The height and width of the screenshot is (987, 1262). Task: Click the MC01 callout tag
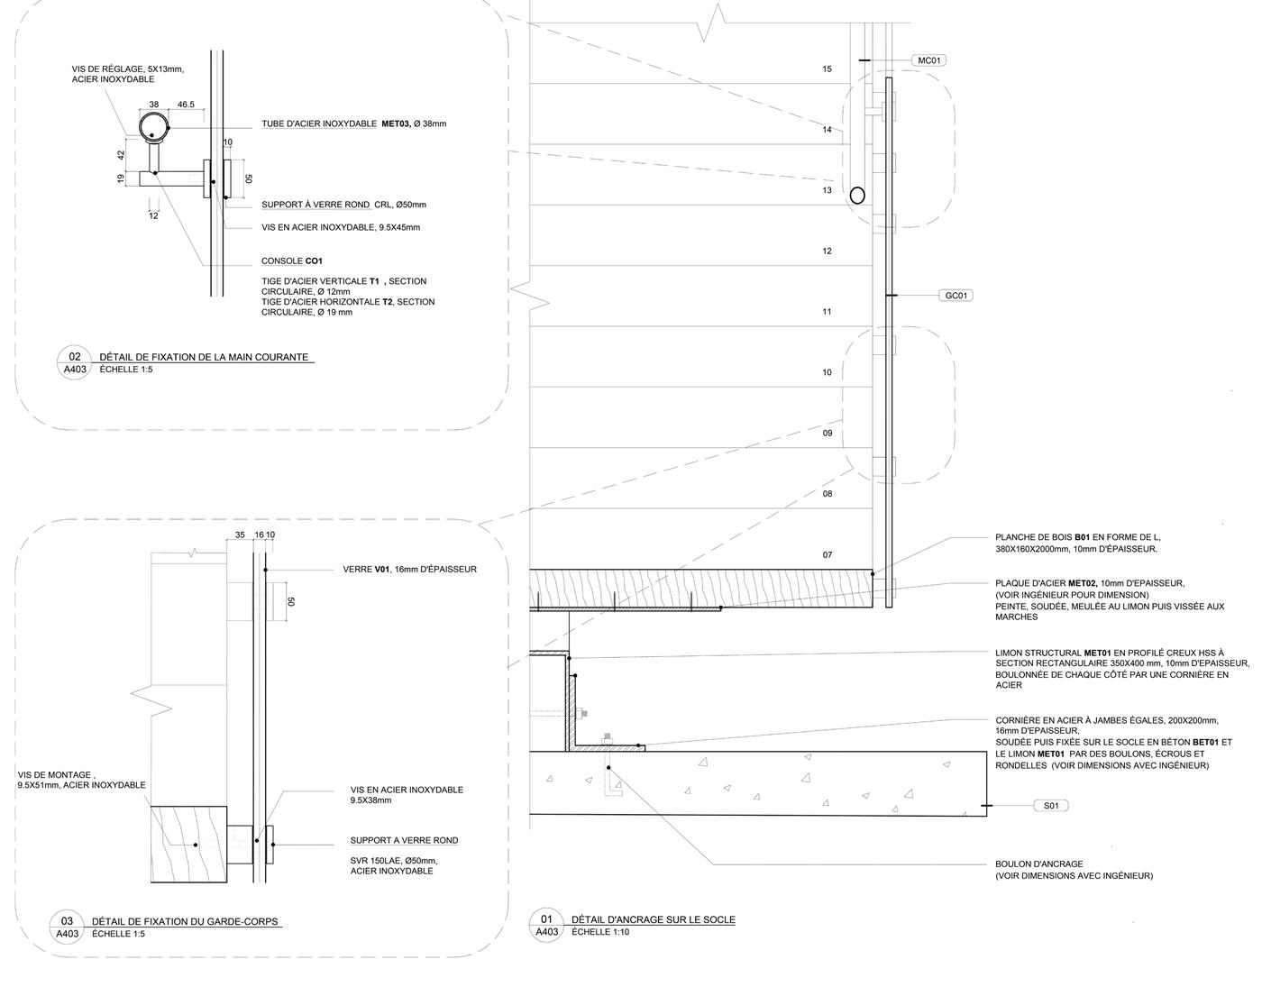[x=928, y=60]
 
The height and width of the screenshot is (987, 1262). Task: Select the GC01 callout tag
[x=956, y=296]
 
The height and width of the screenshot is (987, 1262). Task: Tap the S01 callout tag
[x=1050, y=806]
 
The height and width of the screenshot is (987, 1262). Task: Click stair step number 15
[x=827, y=69]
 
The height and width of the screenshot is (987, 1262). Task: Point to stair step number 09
[x=827, y=434]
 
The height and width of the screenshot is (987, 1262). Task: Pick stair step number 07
[x=827, y=555]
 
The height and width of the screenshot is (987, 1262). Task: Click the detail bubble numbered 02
[x=75, y=357]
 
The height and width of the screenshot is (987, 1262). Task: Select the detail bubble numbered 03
[x=67, y=921]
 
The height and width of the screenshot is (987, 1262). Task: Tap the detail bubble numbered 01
[x=546, y=919]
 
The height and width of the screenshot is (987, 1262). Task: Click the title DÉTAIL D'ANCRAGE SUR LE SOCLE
[x=653, y=920]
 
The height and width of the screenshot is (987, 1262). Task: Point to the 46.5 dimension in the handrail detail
[x=186, y=105]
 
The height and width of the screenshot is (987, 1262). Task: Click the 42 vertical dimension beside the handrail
[x=122, y=154]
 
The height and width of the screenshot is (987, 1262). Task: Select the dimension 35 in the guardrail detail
[x=240, y=535]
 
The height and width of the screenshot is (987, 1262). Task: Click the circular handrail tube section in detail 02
[x=153, y=124]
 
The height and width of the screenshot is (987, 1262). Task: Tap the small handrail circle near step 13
[x=856, y=195]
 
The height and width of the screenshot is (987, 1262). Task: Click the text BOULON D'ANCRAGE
[x=1038, y=864]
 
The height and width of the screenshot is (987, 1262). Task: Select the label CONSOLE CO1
[x=291, y=261]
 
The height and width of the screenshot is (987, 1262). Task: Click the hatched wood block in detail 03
[x=187, y=844]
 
